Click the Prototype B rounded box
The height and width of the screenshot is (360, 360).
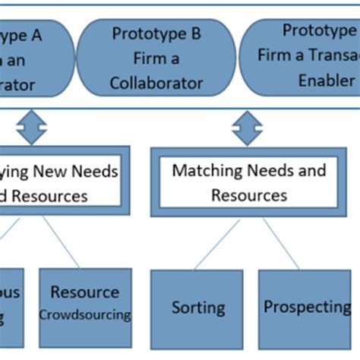coord(156,58)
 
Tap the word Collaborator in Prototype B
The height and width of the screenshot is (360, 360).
coord(156,82)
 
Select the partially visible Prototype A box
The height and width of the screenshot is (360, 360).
coord(34,58)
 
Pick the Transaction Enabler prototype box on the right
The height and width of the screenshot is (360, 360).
coord(301,58)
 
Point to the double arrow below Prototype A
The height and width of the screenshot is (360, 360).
coord(31,127)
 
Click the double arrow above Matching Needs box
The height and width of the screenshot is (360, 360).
coord(248,127)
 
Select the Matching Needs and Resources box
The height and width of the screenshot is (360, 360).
coord(248,182)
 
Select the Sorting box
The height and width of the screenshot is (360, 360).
coord(197,307)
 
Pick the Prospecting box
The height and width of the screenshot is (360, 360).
coord(305,307)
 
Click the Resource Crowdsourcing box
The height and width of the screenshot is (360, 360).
coord(84,304)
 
